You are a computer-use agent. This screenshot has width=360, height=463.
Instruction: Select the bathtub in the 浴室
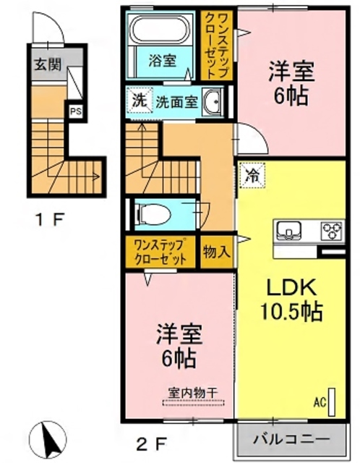[x=159, y=31]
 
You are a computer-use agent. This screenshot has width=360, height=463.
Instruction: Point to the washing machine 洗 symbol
[x=137, y=101]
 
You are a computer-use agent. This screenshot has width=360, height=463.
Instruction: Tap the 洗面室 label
[x=176, y=102]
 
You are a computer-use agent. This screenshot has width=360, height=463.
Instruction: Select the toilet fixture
[x=153, y=214]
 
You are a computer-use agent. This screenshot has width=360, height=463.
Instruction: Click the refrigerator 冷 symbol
[x=251, y=174]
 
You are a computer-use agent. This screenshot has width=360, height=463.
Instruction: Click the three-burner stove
[x=332, y=231]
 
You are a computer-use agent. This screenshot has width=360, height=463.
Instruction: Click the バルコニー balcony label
[x=293, y=438]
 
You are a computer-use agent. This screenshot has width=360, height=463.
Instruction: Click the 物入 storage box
[x=216, y=252]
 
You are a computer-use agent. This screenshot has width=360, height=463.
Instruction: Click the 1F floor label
[x=49, y=218]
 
